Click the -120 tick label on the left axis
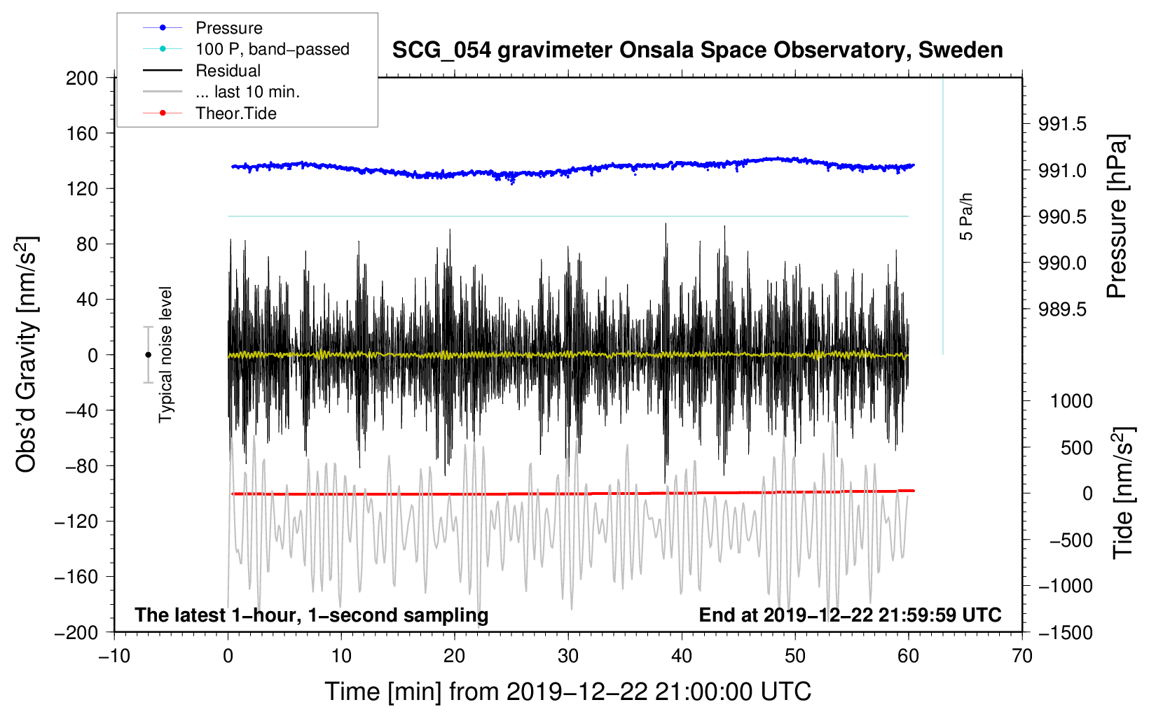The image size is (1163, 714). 76,521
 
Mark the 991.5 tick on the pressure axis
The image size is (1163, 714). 1062,124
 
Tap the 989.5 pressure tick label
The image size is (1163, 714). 1062,309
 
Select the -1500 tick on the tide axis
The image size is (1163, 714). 1066,633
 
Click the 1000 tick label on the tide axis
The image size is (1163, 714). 1072,401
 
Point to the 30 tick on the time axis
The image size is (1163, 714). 568,656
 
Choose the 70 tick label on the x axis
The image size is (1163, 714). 1021,656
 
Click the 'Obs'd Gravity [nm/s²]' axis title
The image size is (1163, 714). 26,354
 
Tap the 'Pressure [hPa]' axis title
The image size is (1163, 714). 1116,216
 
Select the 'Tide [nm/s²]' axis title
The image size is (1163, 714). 1123,493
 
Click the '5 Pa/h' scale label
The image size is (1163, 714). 965,216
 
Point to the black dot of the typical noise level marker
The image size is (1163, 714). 148,355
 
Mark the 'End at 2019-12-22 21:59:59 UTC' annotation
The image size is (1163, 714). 850,615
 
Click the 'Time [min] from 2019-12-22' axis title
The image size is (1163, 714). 568,692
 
